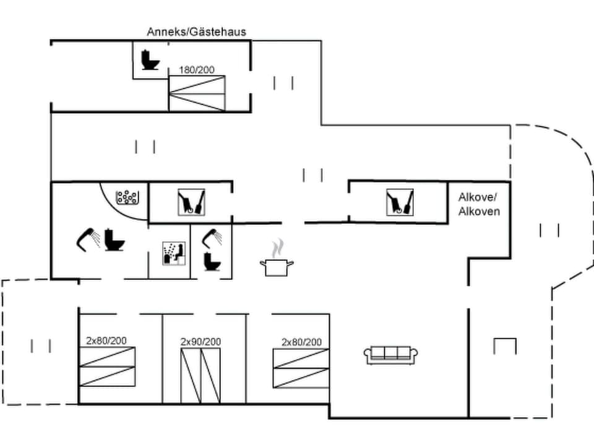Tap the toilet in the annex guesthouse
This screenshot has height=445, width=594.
[149, 60]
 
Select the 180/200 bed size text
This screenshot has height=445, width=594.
[197, 70]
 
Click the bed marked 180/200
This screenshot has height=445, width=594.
[197, 93]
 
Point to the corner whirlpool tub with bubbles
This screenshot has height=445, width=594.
[128, 197]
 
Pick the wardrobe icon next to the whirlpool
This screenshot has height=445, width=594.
[192, 202]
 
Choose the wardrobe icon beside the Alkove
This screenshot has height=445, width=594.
[400, 202]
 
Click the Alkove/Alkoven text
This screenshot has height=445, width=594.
[479, 205]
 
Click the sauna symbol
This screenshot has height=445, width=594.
[174, 253]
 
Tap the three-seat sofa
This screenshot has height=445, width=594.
[390, 355]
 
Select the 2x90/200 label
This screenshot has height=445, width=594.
[200, 341]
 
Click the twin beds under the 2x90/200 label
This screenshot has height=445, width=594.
[200, 375]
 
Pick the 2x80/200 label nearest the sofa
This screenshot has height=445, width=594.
[301, 342]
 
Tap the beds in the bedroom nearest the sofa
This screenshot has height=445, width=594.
[301, 368]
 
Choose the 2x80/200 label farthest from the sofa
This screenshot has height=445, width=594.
[106, 340]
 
